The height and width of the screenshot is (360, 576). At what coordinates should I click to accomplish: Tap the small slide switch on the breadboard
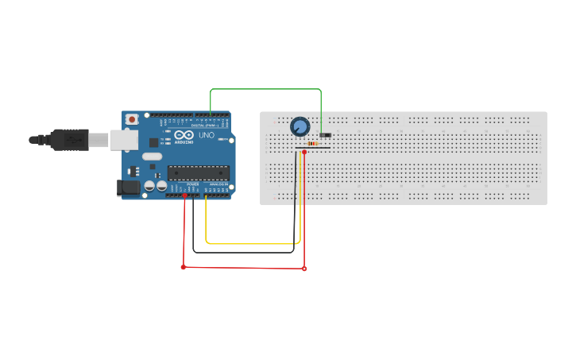point(325,135)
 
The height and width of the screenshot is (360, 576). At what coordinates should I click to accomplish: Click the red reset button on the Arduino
point(131,119)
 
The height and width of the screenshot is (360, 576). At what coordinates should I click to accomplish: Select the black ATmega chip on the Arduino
point(198,172)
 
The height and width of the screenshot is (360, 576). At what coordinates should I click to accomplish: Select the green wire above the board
point(266,89)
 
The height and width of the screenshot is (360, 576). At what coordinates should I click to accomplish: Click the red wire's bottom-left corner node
point(184,267)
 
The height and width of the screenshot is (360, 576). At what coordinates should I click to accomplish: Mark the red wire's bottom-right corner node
point(304,269)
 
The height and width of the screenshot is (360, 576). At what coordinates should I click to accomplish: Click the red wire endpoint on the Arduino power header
point(185,195)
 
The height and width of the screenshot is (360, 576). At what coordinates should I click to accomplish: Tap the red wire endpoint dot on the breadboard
point(304,152)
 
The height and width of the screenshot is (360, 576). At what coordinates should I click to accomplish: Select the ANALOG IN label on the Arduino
point(218,184)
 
